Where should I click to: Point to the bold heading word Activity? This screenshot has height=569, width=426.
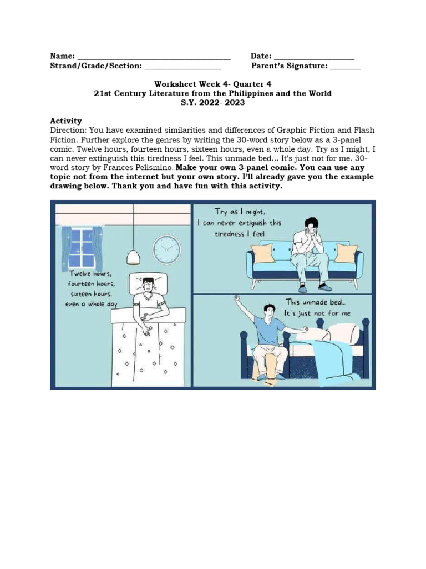66,121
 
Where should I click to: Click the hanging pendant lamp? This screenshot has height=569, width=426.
133,256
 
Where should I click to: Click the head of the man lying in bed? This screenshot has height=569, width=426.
147,286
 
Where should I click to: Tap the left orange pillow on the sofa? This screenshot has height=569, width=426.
262,253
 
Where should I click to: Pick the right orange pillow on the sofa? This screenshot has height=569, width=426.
346,253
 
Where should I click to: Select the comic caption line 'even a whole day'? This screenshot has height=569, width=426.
91,304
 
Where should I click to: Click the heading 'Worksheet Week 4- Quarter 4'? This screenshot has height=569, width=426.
213,84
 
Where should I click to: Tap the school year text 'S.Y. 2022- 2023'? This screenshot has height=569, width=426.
213,103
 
